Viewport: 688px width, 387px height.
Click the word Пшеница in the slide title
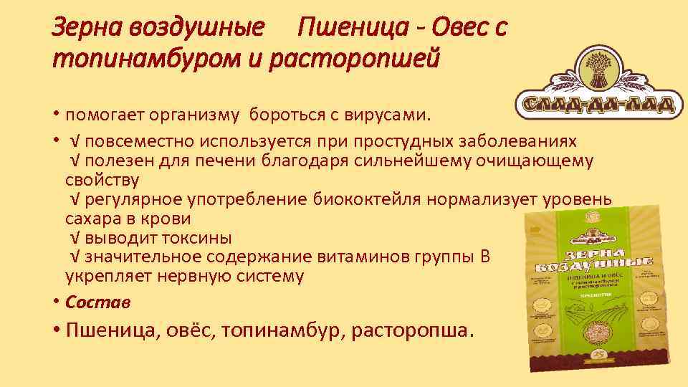tap(345, 28)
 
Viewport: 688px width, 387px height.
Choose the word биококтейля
tap(368, 199)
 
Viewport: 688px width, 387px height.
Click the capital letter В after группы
tap(485, 256)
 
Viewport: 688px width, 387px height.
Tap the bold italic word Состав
tap(98, 302)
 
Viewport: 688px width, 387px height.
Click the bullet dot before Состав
tap(56, 302)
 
